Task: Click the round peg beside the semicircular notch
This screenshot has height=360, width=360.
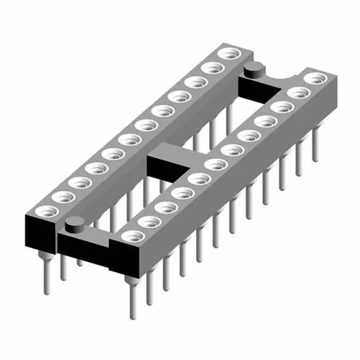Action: coord(253,70)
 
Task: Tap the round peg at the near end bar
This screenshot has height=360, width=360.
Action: coord(73,226)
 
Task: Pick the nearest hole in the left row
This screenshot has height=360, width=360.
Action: coord(45,212)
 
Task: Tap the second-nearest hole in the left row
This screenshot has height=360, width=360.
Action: coord(62,197)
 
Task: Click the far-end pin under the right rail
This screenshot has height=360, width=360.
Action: coord(316,149)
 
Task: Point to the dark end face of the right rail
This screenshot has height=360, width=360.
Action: coord(125,260)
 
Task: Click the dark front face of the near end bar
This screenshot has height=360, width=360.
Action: coord(84,250)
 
